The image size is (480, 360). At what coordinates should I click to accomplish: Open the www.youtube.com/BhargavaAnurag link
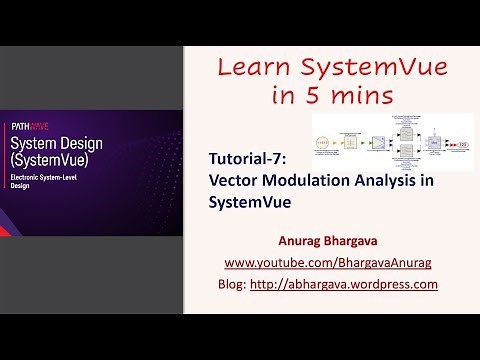click(x=327, y=262)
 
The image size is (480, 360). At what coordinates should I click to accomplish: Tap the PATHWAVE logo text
click(x=30, y=127)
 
